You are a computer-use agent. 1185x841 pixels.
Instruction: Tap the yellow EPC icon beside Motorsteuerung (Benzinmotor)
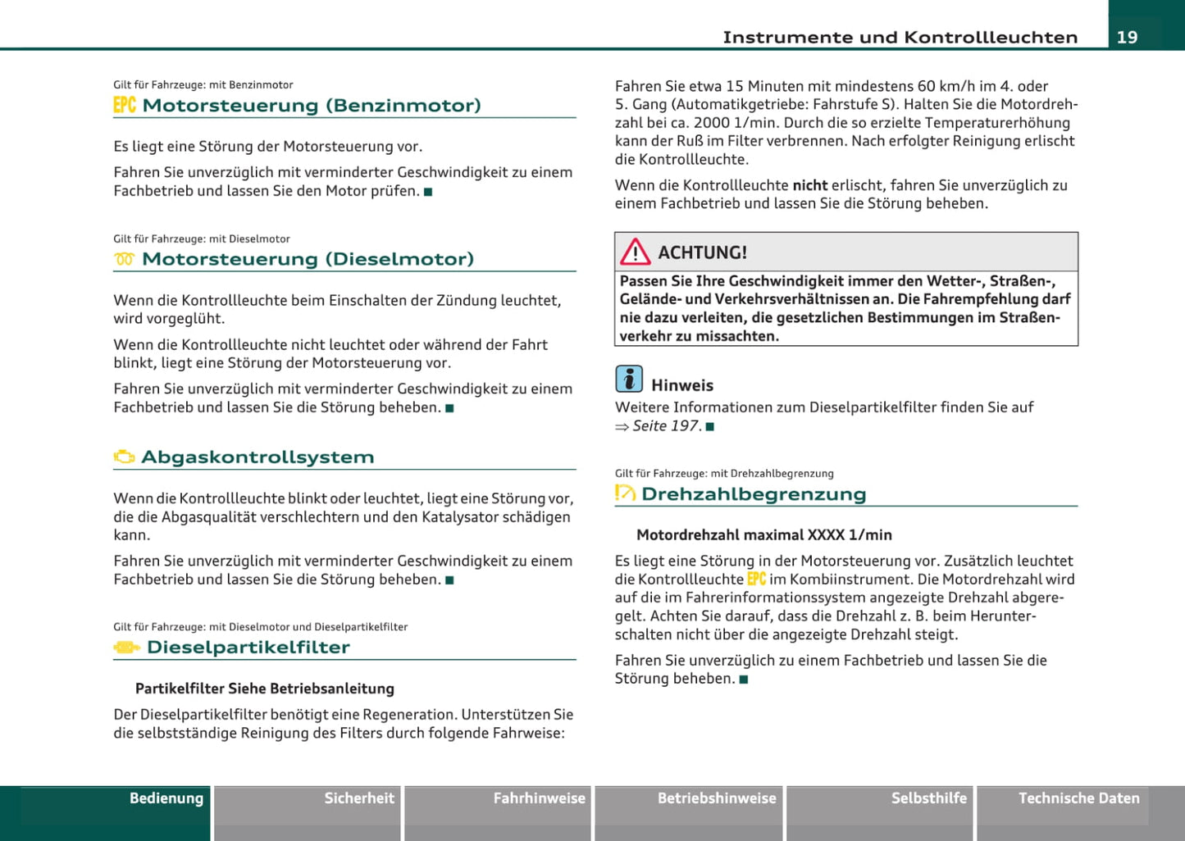125,105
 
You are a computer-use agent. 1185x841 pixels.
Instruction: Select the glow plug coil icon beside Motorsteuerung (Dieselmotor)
125,260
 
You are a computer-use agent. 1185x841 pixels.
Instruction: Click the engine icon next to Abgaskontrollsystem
125,457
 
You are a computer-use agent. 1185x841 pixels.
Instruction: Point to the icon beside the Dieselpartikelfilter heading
126,648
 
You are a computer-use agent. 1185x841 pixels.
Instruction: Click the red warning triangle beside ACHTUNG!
635,252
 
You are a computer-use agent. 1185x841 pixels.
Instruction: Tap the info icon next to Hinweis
629,379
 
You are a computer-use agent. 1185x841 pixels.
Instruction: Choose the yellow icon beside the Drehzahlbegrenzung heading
625,493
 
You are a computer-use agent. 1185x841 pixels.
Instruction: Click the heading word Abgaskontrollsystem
258,457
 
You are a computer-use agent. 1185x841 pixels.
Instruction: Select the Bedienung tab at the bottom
166,798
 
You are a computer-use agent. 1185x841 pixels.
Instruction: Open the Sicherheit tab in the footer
359,798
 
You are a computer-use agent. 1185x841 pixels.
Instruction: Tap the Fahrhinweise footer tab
539,798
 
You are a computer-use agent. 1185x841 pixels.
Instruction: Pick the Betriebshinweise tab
717,798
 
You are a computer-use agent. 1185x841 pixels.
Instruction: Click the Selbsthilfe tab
928,798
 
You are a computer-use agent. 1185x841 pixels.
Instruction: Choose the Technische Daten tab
1078,798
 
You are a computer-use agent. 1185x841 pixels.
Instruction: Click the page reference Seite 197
666,426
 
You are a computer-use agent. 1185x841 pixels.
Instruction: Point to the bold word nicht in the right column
809,185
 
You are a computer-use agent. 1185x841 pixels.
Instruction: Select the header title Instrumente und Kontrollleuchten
900,38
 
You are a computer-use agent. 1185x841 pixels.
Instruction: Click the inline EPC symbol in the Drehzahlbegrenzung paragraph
756,580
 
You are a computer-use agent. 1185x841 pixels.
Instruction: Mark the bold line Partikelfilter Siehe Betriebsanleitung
264,689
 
